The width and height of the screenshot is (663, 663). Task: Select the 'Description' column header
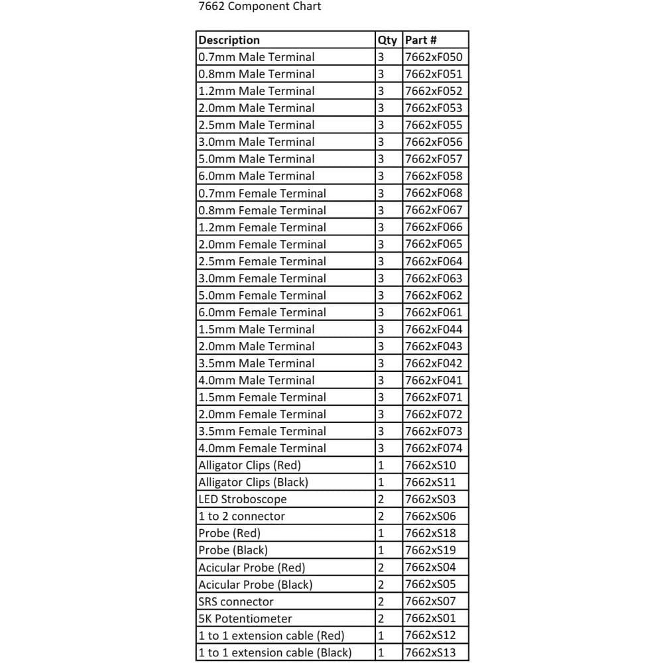click(229, 40)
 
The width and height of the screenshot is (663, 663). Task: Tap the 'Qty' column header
click(387, 40)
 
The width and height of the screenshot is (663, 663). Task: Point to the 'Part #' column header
click(421, 40)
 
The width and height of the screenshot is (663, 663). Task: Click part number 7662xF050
click(434, 57)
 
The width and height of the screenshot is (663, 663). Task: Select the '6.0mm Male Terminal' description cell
click(257, 176)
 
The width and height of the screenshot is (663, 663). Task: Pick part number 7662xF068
click(434, 193)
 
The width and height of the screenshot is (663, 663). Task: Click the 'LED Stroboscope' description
click(243, 499)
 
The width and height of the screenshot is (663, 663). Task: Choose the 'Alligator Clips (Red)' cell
click(249, 465)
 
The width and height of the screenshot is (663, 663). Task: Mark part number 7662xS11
click(430, 482)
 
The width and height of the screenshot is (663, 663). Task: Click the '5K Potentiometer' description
click(245, 619)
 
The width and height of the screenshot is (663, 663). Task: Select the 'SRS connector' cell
click(236, 601)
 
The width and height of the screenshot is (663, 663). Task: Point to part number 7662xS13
click(430, 652)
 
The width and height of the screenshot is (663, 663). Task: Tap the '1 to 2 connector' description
click(242, 516)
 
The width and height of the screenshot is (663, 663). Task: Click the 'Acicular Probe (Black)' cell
click(255, 585)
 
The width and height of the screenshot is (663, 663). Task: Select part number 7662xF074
click(434, 448)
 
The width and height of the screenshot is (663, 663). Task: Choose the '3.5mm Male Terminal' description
click(257, 363)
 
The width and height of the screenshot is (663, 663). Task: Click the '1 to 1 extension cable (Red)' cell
click(271, 636)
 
